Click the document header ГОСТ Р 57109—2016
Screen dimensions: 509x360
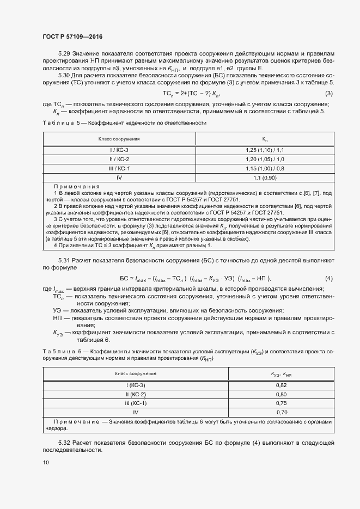tap(72, 36)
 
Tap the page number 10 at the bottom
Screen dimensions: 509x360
tap(46, 463)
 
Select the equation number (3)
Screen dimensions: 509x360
tap(328, 94)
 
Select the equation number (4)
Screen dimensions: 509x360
tap(328, 279)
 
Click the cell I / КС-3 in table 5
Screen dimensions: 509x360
tap(119, 150)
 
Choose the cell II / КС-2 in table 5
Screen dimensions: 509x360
tap(119, 159)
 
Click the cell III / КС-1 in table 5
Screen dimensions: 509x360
tap(119, 168)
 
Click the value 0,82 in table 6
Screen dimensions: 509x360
tap(281, 385)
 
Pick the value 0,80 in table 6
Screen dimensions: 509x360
tap(281, 395)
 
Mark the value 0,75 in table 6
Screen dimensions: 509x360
tap(281, 403)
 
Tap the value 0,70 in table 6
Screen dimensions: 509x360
tap(281, 413)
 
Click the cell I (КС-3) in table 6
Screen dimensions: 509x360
tap(135, 385)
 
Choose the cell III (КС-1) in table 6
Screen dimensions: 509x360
tap(135, 403)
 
